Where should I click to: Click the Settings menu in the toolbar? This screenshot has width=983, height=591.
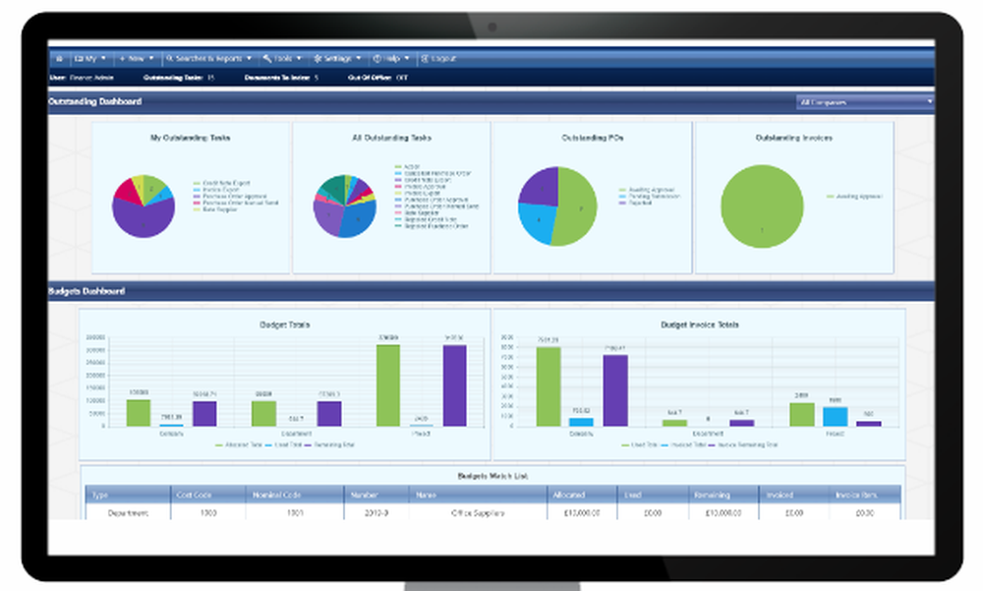(337, 58)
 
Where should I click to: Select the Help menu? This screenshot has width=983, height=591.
(391, 58)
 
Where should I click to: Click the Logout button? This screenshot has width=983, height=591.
(438, 58)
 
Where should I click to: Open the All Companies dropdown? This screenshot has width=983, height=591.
(864, 101)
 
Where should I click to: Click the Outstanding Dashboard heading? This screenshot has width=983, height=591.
(95, 101)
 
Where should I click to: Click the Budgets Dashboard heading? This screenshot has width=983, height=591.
(87, 291)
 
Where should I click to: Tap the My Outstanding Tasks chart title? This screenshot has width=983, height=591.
(190, 139)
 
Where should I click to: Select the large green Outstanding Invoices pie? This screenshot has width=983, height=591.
(762, 206)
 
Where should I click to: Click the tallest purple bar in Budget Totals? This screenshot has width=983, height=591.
(453, 384)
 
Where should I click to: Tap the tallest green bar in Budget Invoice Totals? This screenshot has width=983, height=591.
(549, 385)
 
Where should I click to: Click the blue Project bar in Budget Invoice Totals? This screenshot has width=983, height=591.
(835, 416)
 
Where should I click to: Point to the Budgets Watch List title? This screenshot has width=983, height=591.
(491, 476)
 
